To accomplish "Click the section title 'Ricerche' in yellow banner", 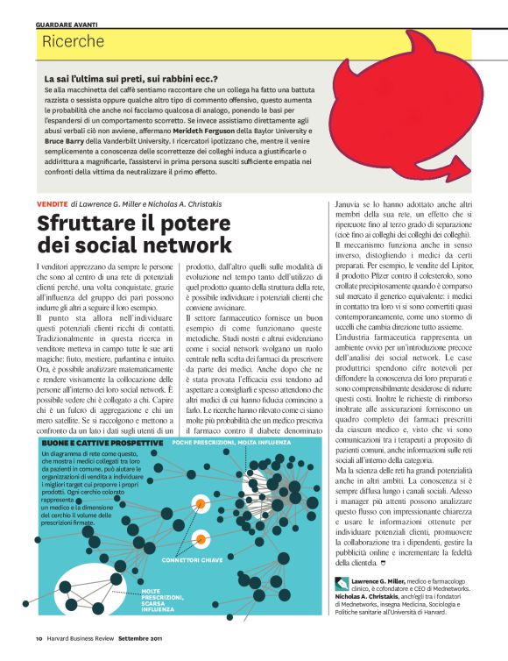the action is [x=74, y=41].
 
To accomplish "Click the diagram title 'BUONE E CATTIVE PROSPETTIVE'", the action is [x=89, y=444].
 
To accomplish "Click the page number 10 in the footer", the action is [x=39, y=637].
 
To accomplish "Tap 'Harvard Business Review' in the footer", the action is [x=81, y=637].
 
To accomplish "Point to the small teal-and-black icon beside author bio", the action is [x=341, y=584].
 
